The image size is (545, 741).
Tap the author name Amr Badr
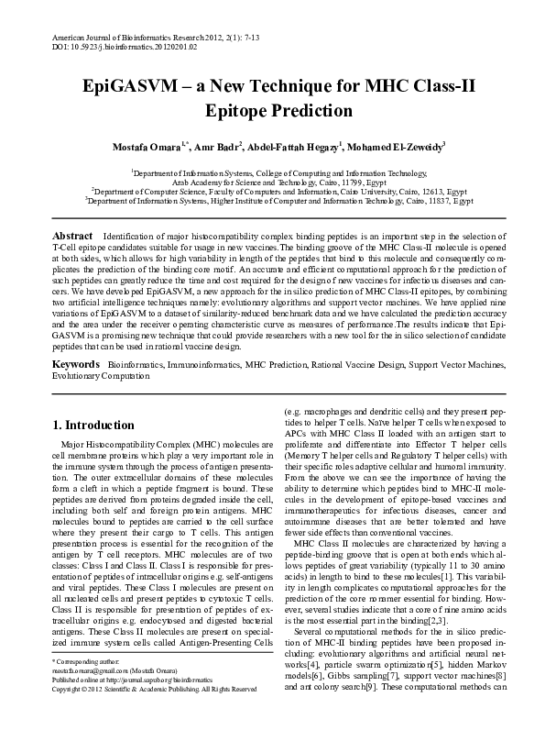(x=217, y=147)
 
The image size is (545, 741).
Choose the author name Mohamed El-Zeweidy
(x=396, y=147)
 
